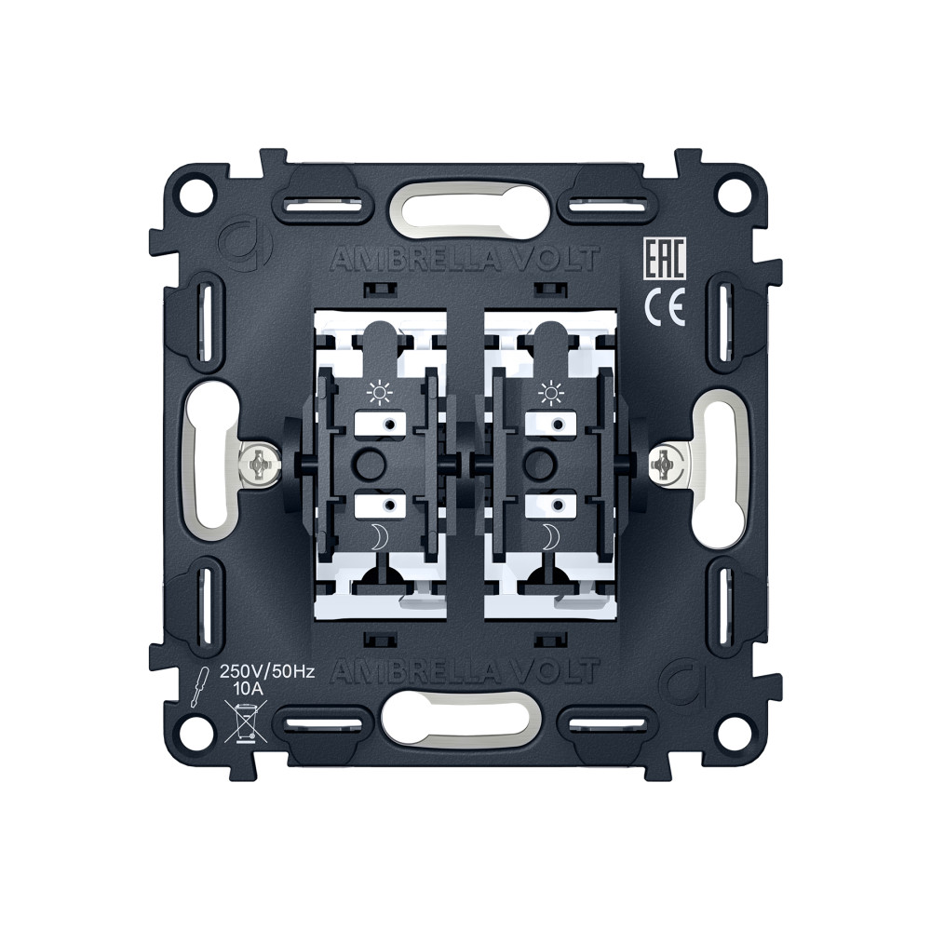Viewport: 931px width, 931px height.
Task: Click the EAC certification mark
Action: point(665,258)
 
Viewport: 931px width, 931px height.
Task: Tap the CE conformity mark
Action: point(665,309)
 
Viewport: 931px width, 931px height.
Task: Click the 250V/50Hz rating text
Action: point(266,672)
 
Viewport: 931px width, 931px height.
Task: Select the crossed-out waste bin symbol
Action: point(245,722)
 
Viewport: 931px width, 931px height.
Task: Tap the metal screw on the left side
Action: point(258,464)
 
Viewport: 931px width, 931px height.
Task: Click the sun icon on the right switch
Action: point(550,392)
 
